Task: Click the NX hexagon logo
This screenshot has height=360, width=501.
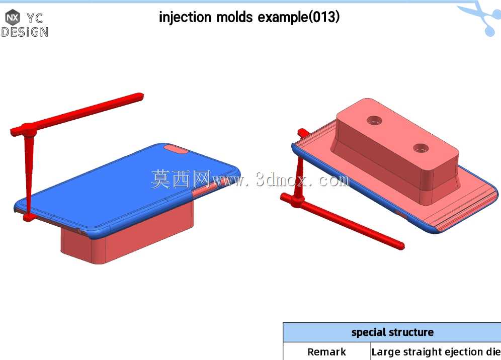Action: (x=13, y=17)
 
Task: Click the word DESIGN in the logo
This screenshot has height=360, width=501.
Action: (x=25, y=32)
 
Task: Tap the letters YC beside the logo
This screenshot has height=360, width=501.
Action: (x=35, y=18)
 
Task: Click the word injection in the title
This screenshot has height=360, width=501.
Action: (x=185, y=17)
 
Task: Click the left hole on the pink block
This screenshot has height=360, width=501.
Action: (x=374, y=121)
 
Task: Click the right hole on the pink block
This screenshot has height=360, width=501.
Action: (x=421, y=148)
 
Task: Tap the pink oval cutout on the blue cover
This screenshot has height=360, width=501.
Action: (x=176, y=149)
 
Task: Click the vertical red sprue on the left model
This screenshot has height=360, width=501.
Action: (x=29, y=174)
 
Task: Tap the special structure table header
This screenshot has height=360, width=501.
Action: (x=392, y=332)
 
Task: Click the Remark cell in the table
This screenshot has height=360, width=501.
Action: (x=326, y=351)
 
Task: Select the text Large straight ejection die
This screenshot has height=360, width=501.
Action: (x=436, y=351)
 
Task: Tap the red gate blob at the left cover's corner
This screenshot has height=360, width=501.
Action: (x=29, y=218)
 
